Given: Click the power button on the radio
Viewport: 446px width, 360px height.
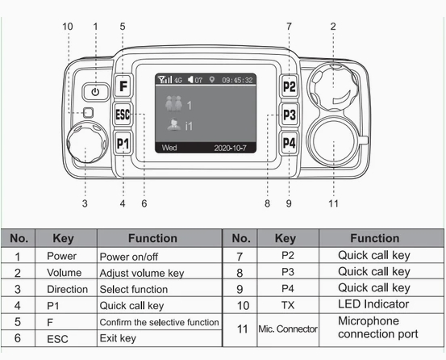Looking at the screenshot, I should point(96,91).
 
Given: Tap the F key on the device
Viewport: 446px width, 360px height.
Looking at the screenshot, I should point(123,86).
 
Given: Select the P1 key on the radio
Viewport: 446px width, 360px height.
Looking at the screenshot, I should point(123,144).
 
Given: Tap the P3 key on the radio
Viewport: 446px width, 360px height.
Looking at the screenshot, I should point(290,115).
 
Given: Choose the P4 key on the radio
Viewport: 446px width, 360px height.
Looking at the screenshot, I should point(290,144).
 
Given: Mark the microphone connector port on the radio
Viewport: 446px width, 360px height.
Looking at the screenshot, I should point(333,143).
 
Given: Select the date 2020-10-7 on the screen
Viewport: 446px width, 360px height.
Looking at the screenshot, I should point(234,148).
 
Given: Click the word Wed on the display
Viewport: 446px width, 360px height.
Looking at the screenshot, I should point(169,148).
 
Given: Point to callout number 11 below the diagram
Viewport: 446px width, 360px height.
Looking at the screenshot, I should point(333,203).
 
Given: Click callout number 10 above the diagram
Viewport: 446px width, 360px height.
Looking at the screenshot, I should point(68,26).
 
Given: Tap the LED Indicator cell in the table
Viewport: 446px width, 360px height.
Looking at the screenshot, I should point(374,304).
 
